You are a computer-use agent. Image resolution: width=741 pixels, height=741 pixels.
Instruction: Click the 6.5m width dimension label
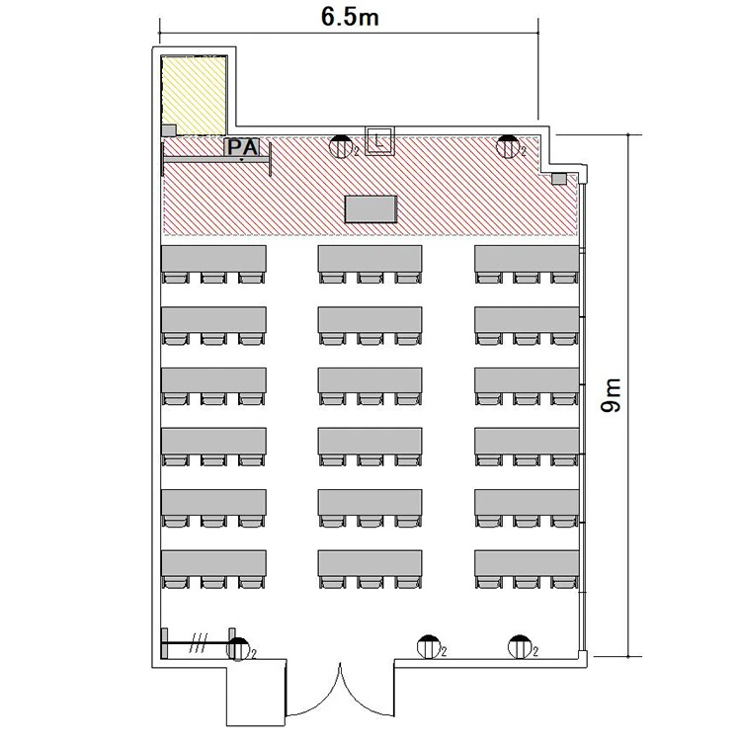[350, 17]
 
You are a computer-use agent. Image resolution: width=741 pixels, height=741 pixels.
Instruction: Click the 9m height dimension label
[611, 395]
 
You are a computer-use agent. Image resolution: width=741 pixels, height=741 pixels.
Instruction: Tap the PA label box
[242, 147]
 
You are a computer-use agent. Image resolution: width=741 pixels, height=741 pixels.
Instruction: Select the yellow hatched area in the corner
[194, 96]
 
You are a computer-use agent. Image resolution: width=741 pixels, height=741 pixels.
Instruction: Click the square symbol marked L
[379, 140]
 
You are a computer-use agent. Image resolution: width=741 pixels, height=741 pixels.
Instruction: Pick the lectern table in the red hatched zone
[370, 208]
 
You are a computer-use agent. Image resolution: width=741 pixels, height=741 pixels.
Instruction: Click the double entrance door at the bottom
[340, 691]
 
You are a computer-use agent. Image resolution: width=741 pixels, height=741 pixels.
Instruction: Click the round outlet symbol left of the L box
[340, 146]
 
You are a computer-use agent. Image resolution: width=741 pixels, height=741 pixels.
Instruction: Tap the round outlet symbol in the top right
[508, 146]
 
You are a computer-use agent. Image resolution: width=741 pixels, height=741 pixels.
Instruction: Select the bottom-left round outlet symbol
[238, 648]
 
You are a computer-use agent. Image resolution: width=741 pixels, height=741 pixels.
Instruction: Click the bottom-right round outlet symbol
[520, 647]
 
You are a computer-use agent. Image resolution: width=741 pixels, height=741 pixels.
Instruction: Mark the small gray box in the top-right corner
[559, 179]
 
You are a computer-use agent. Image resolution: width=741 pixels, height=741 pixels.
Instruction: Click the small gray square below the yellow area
[169, 130]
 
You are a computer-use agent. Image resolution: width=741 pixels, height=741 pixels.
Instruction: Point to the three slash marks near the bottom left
[199, 643]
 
